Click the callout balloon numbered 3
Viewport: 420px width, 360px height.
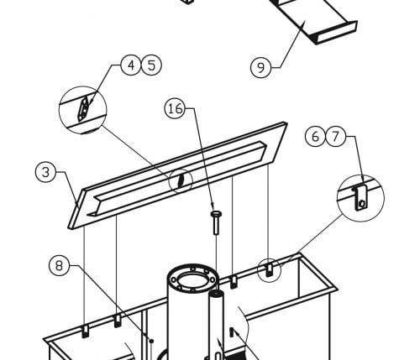click(x=45, y=172)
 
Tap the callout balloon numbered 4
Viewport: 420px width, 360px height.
click(x=131, y=65)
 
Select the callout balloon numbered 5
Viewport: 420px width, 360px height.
click(x=151, y=65)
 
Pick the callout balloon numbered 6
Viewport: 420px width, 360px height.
click(x=315, y=137)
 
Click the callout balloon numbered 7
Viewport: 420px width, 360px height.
click(x=335, y=137)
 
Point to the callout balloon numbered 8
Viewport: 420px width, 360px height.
click(x=59, y=265)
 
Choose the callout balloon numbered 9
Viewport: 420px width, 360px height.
click(x=260, y=67)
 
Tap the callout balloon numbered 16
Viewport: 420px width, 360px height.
click(x=175, y=108)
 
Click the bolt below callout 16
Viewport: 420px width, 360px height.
click(x=216, y=223)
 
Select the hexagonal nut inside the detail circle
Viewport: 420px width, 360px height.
click(x=84, y=108)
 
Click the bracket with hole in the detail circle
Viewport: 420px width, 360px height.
click(x=360, y=198)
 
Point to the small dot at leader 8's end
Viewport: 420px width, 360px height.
click(x=151, y=341)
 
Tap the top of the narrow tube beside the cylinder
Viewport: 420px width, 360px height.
click(x=217, y=294)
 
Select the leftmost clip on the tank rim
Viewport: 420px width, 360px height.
click(x=85, y=331)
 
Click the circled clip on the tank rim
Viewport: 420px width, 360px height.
click(x=269, y=270)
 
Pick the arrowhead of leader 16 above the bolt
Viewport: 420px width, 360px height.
click(x=213, y=206)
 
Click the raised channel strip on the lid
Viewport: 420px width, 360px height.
click(x=176, y=179)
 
